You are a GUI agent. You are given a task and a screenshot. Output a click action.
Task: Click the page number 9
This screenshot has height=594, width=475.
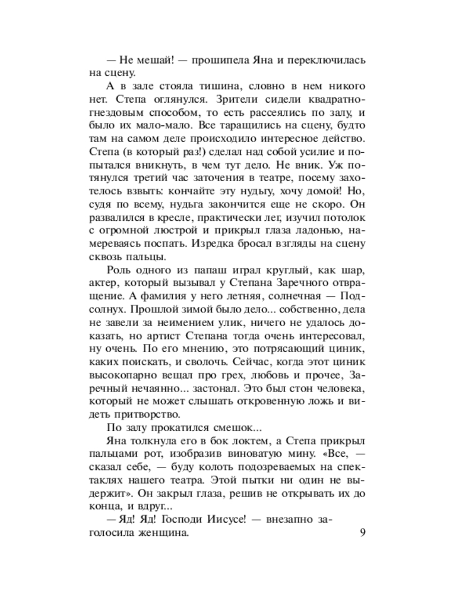pos(363,533)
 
